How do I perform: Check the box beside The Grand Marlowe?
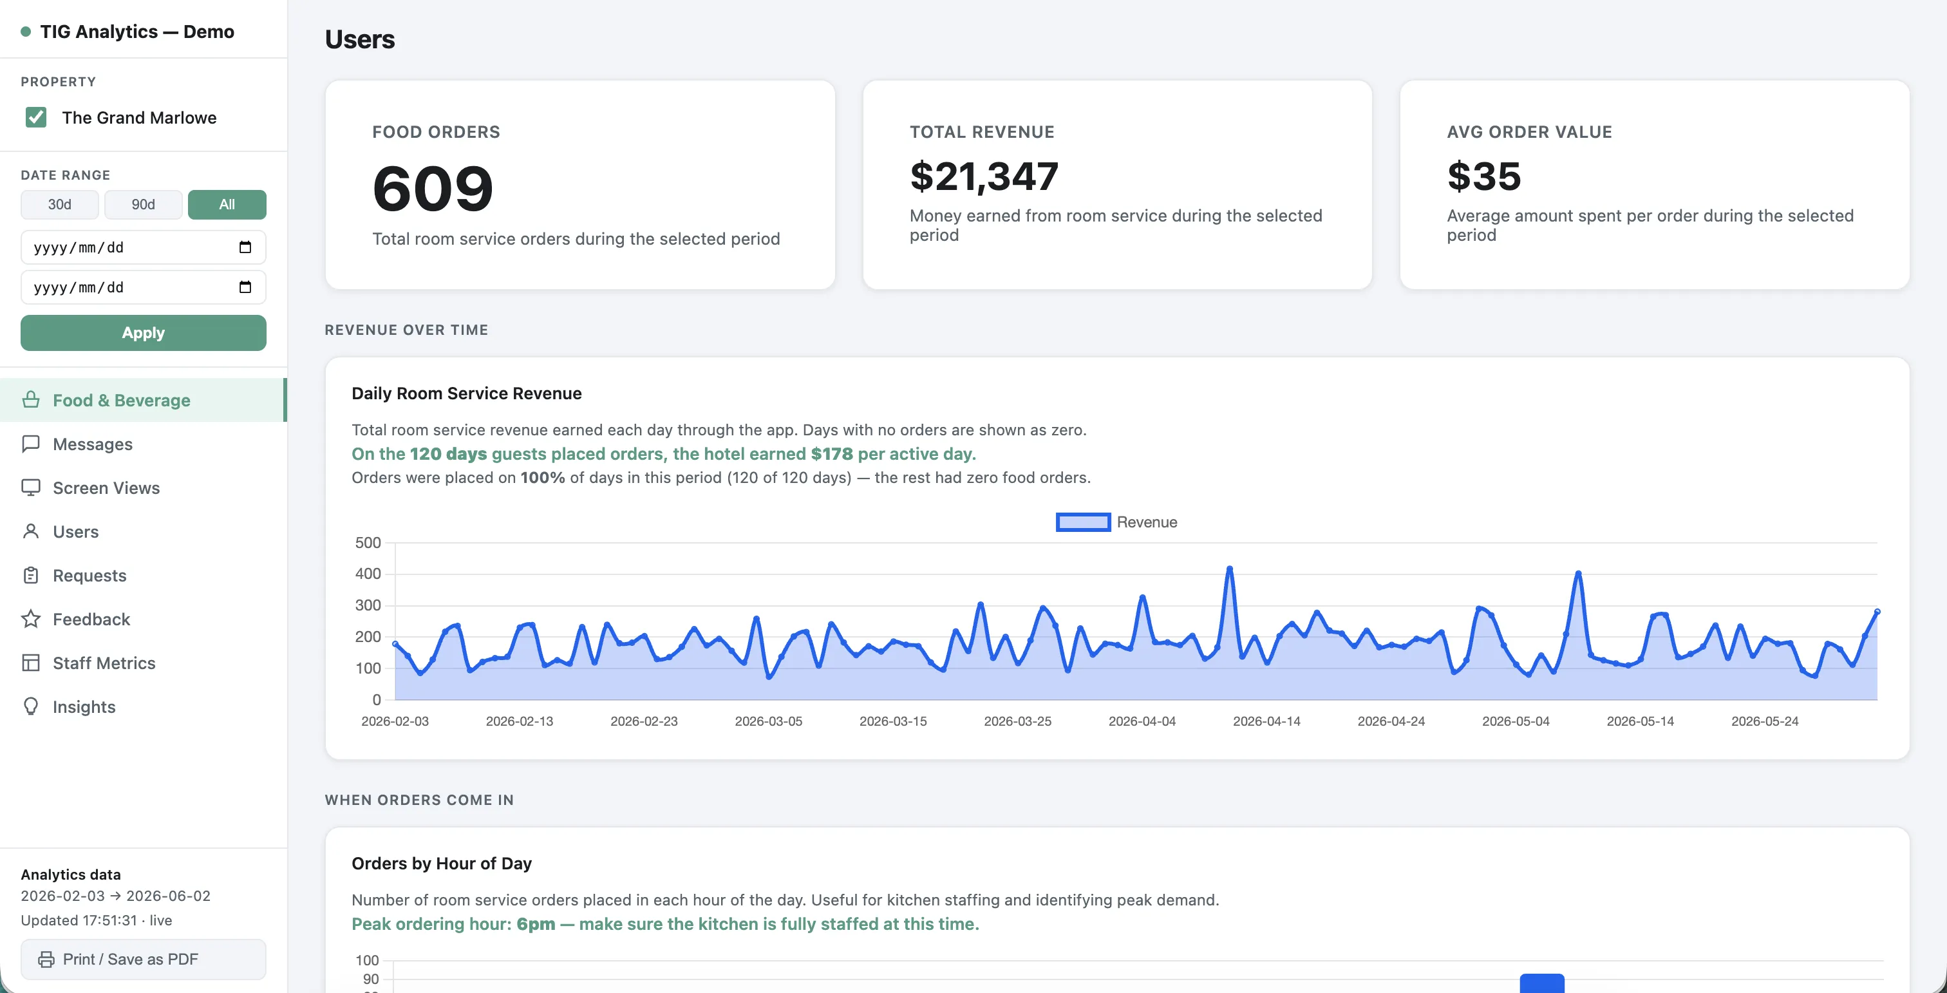click(x=35, y=117)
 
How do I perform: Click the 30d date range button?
click(x=60, y=205)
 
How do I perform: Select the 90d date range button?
click(x=143, y=205)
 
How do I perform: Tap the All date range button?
click(x=227, y=205)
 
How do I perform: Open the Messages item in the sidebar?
click(x=92, y=444)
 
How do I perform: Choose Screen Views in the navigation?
click(x=106, y=488)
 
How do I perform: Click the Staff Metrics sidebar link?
click(x=104, y=663)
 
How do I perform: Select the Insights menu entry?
click(x=84, y=707)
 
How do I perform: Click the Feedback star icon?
click(x=31, y=619)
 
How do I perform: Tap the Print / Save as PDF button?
click(x=143, y=959)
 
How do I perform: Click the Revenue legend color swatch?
click(x=1083, y=522)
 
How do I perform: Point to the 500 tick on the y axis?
click(x=368, y=543)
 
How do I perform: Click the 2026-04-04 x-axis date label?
click(x=1142, y=722)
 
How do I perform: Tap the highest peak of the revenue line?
click(x=1230, y=568)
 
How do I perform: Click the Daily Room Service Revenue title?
click(x=466, y=393)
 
